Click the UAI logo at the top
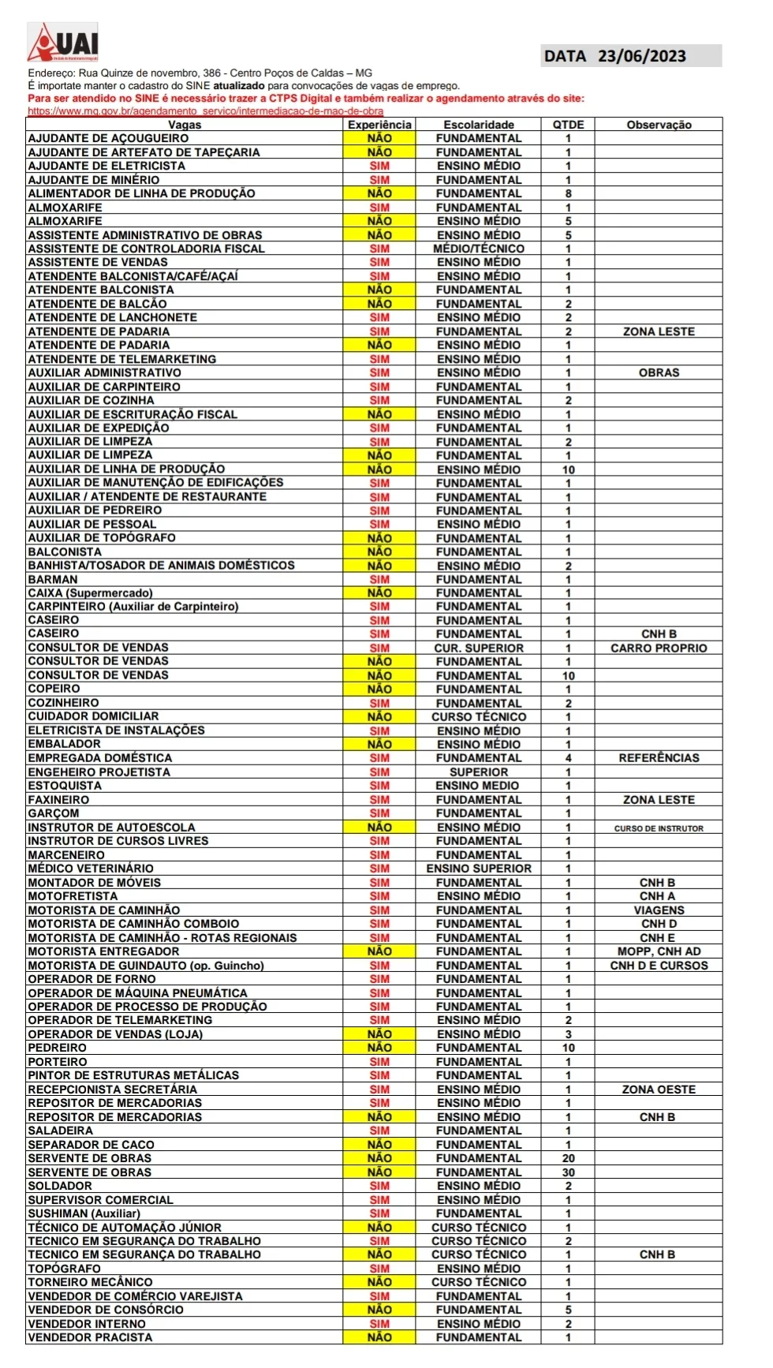(64, 43)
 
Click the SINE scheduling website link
(205, 111)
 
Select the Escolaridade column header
(478, 125)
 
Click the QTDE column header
(568, 125)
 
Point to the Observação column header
(659, 125)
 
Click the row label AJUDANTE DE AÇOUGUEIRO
(108, 138)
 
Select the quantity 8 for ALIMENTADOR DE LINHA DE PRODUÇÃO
(568, 193)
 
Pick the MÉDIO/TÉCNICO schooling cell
(478, 249)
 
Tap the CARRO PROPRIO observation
(659, 648)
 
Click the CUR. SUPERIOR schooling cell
(478, 648)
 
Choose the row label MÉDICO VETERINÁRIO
(91, 869)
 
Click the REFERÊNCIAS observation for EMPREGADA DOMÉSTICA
(659, 758)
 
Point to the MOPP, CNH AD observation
(659, 951)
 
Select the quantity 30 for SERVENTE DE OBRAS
(568, 1172)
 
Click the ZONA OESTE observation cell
(659, 1090)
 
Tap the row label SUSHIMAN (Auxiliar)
(84, 1213)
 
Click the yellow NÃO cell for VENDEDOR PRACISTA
(379, 1337)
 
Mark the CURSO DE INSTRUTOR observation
(659, 828)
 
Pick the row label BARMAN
(53, 579)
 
